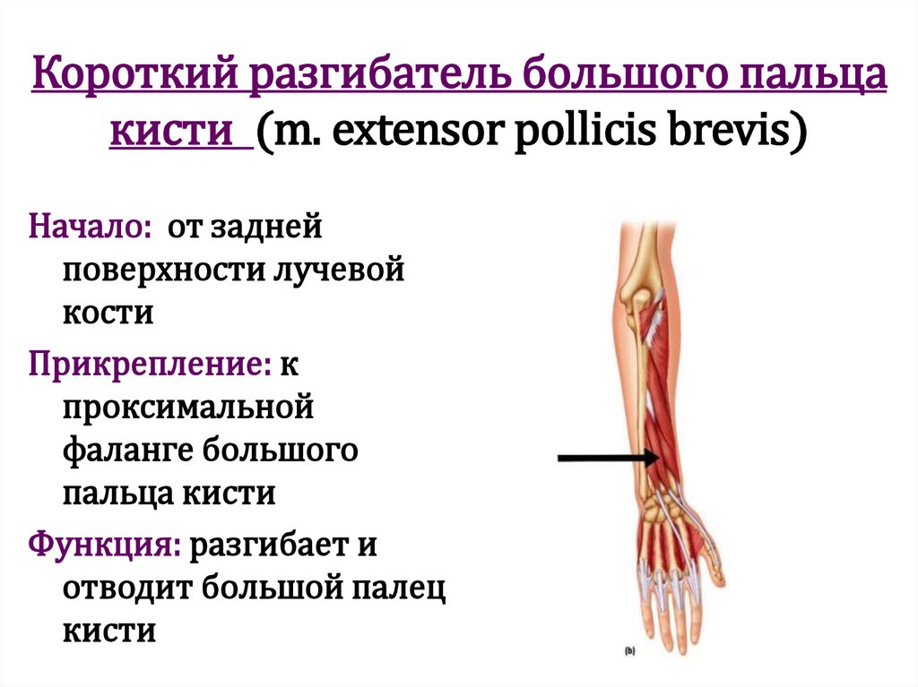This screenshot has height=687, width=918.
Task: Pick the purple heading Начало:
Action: point(91,226)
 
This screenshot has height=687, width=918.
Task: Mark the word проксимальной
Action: point(187,407)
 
